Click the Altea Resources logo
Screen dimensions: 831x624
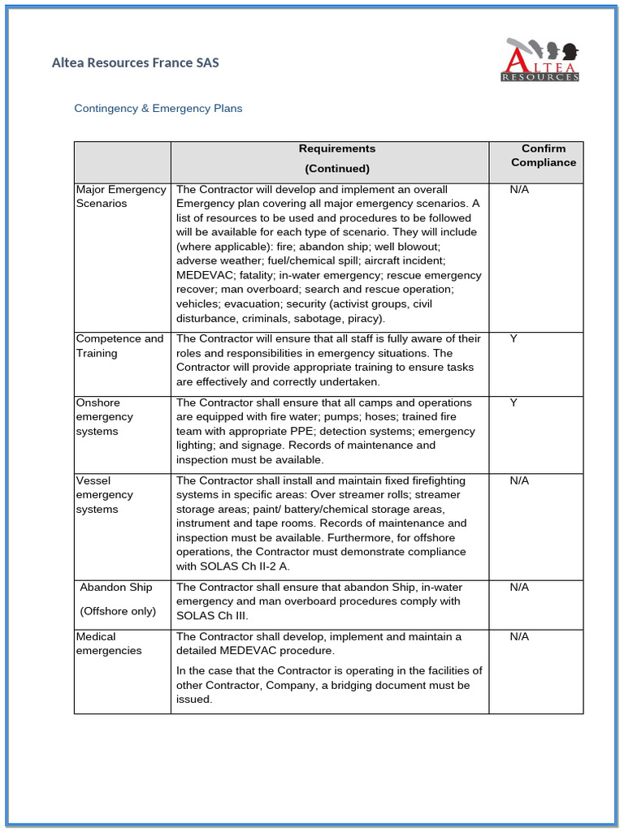tap(540, 60)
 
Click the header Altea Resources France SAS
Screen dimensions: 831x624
tap(135, 62)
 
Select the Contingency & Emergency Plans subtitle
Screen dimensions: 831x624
tap(158, 108)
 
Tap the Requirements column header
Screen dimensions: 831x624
tap(337, 149)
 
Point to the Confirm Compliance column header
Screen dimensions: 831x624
tap(544, 156)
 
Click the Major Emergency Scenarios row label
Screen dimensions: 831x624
tap(120, 196)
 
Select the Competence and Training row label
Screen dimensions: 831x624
tap(119, 346)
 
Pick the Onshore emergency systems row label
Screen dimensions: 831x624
tap(104, 416)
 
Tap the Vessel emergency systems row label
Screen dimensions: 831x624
tap(104, 495)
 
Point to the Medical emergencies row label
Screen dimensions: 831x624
tap(108, 644)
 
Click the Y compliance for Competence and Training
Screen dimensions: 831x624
tap(513, 338)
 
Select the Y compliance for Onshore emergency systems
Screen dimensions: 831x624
tap(513, 403)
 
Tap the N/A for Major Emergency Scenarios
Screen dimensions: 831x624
tap(519, 189)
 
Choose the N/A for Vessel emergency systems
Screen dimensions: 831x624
tap(519, 480)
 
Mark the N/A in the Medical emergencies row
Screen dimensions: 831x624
tap(519, 636)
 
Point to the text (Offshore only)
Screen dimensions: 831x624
tap(118, 611)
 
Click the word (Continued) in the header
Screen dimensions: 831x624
tap(337, 169)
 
